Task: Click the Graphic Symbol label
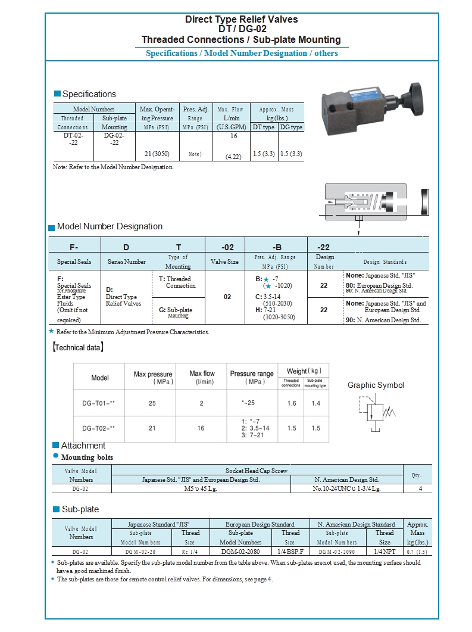(376, 385)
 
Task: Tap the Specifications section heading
(89, 94)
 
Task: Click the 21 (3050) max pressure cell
(157, 154)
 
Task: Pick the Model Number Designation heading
(110, 226)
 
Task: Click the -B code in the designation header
(277, 247)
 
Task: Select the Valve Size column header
(224, 261)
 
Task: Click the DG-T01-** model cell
(99, 403)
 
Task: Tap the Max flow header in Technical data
(202, 373)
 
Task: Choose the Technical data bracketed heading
(78, 347)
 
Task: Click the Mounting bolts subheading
(87, 457)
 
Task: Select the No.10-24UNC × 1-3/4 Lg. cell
(346, 488)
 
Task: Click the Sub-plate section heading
(80, 509)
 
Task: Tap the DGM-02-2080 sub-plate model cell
(240, 552)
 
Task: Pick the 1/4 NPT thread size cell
(385, 552)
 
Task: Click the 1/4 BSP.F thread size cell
(290, 552)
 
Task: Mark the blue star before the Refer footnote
(51, 331)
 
